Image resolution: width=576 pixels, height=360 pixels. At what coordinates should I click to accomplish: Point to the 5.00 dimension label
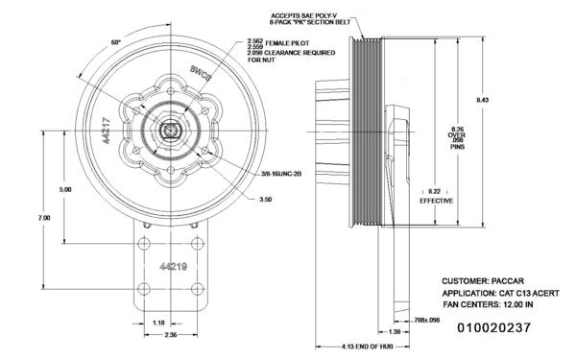(x=65, y=189)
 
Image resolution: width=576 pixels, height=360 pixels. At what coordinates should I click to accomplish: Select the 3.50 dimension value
(x=266, y=200)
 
